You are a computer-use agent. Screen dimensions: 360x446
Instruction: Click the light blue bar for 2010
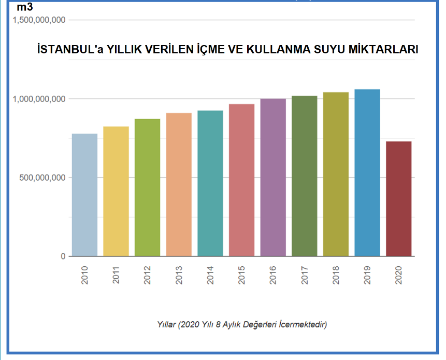[x=84, y=195]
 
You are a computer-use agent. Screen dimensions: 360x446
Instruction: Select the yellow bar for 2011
[x=116, y=191]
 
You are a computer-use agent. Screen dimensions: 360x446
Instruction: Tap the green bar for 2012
[x=148, y=188]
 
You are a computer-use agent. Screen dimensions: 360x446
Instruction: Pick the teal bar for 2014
[x=210, y=183]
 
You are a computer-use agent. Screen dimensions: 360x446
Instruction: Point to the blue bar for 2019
[x=367, y=172]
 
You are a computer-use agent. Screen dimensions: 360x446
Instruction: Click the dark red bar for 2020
[x=399, y=198]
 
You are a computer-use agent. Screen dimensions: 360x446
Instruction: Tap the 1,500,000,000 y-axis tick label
[x=39, y=20]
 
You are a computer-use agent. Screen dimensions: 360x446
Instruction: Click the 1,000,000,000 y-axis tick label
[x=39, y=99]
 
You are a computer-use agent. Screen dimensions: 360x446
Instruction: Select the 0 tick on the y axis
[x=63, y=256]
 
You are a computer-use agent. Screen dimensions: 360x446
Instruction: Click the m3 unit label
[x=25, y=8]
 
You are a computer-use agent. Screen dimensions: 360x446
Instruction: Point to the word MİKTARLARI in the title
[x=383, y=50]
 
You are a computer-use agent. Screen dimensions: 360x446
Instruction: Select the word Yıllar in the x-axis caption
[x=167, y=325]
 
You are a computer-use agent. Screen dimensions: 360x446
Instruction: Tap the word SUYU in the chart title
[x=325, y=50]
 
